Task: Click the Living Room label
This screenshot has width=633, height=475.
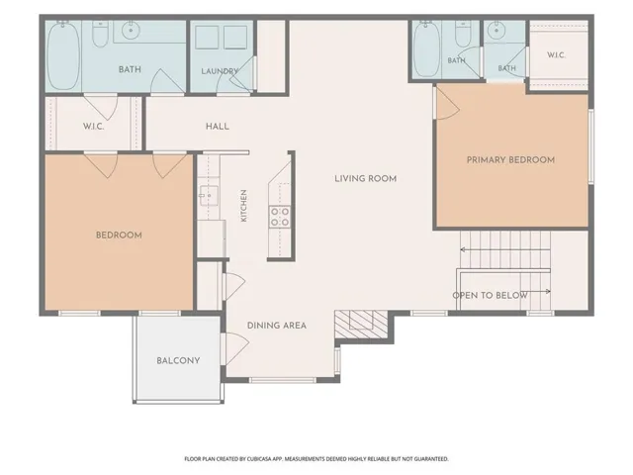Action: pyautogui.click(x=365, y=178)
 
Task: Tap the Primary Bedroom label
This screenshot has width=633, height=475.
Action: pyautogui.click(x=510, y=160)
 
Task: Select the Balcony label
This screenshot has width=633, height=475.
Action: pyautogui.click(x=178, y=360)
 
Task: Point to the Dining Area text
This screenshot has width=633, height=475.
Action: pyautogui.click(x=277, y=326)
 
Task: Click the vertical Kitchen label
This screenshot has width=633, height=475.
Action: pyautogui.click(x=244, y=206)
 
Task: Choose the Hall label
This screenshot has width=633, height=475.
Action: pyautogui.click(x=218, y=127)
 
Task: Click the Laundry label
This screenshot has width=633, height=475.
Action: pyautogui.click(x=220, y=71)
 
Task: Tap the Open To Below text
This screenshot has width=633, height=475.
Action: pyautogui.click(x=491, y=295)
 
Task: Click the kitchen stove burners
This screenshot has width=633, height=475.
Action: pyautogui.click(x=280, y=217)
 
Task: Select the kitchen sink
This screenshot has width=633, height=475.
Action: pyautogui.click(x=209, y=196)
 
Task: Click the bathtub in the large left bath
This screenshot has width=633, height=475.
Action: pyautogui.click(x=63, y=55)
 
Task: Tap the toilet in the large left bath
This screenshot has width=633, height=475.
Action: pyautogui.click(x=100, y=34)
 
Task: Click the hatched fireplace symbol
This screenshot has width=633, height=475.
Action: pyautogui.click(x=361, y=325)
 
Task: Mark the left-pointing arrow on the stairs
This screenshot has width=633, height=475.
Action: pyautogui.click(x=505, y=250)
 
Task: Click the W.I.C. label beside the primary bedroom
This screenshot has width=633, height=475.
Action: pyautogui.click(x=556, y=55)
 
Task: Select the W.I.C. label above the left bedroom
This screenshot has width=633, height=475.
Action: pyautogui.click(x=94, y=127)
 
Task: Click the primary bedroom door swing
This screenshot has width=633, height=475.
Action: pyautogui.click(x=448, y=103)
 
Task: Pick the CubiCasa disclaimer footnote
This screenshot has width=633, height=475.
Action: pyautogui.click(x=316, y=459)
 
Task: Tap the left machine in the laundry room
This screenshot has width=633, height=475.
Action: pyautogui.click(x=207, y=38)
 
